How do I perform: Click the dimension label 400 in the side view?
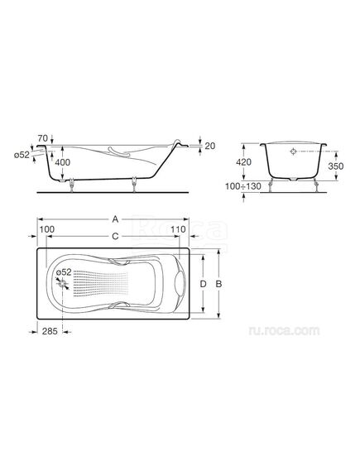(63, 162)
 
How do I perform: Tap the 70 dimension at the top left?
(43, 138)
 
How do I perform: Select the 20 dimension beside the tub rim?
(210, 146)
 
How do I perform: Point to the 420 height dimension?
(243, 162)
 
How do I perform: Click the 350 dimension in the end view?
(336, 166)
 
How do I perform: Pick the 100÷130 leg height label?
(243, 186)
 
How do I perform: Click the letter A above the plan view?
(115, 219)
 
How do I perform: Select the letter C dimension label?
(115, 237)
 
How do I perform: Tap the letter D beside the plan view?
(204, 284)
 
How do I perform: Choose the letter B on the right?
(218, 284)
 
